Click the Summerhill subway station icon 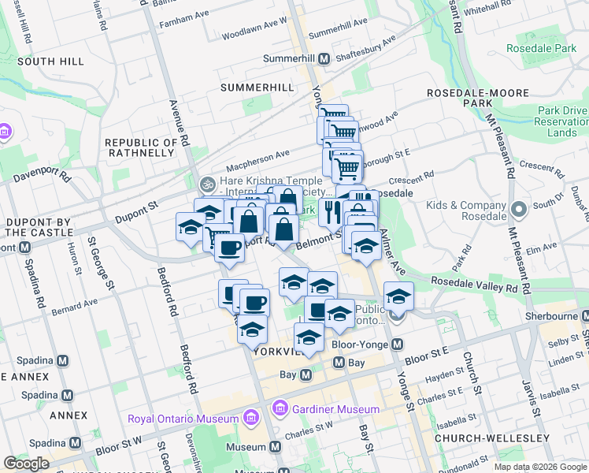coord(324,59)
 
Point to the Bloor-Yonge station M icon coord(397,345)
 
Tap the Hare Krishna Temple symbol coord(207,184)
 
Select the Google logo coord(26,463)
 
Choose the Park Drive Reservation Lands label coord(561,121)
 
